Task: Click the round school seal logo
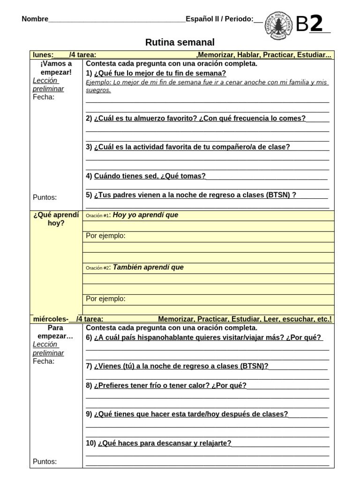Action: (x=280, y=23)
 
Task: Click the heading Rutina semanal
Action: (x=180, y=43)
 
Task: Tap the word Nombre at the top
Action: (x=35, y=19)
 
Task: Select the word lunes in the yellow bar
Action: (x=43, y=55)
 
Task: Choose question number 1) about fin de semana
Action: (x=156, y=73)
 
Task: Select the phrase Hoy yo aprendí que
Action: (x=145, y=215)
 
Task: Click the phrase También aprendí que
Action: (x=148, y=268)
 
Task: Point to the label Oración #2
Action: (x=97, y=268)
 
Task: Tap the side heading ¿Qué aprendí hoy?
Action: (x=56, y=219)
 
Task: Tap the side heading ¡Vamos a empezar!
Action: (x=56, y=68)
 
